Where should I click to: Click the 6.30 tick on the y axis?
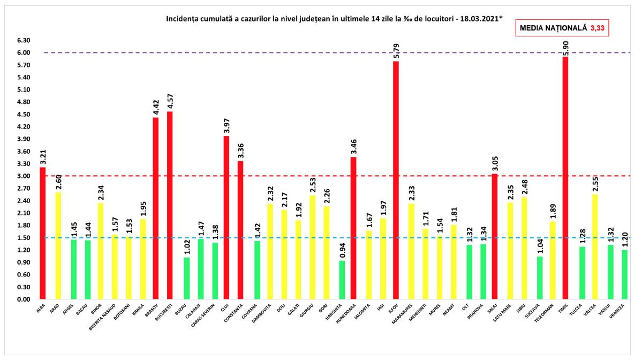tap(23, 41)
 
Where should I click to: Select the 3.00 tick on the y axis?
tap(23, 176)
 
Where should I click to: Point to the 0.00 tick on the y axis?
tap(23, 299)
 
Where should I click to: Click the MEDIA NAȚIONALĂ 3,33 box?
tap(562, 28)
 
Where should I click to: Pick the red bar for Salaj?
tap(494, 236)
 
